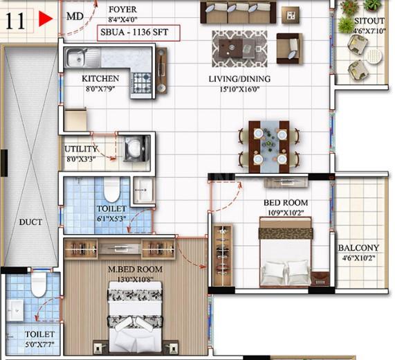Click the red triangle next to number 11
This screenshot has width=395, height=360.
(x=45, y=19)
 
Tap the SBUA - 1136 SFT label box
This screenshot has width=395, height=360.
(x=138, y=33)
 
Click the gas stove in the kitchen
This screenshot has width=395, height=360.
(x=141, y=83)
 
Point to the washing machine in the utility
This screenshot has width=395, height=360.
(x=136, y=148)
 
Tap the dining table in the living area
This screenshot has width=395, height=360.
(x=269, y=147)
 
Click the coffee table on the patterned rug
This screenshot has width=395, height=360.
(x=239, y=48)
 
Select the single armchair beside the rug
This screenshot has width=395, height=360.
(x=289, y=48)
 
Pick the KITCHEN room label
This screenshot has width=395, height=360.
(x=100, y=79)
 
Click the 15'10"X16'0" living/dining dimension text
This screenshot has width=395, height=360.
(x=239, y=89)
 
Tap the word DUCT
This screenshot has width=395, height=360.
(x=30, y=222)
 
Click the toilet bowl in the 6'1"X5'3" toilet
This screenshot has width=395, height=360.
(x=112, y=190)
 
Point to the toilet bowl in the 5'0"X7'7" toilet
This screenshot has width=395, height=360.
(x=39, y=285)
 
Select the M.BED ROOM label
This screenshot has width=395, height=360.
(x=136, y=269)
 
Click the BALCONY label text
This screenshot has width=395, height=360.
(x=358, y=248)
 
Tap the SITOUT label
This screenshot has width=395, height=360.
(x=369, y=21)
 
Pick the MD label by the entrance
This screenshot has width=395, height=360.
(x=75, y=17)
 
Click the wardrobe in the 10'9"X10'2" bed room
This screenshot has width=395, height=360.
(x=223, y=256)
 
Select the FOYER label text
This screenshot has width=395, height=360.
(x=122, y=10)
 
